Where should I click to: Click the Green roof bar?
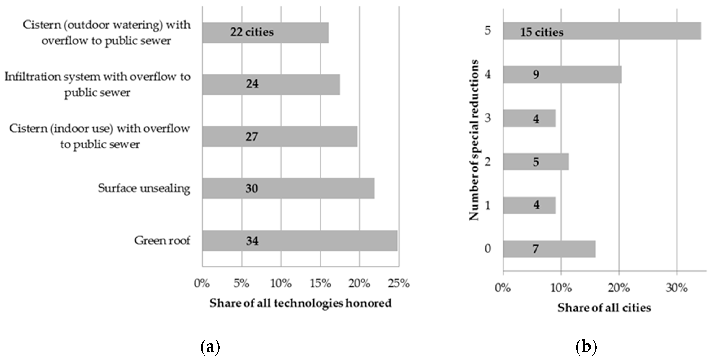point(300,240)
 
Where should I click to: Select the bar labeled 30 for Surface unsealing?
point(288,188)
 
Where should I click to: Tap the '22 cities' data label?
point(252,32)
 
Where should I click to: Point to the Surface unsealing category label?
point(144,188)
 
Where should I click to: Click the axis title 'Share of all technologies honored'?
point(300,303)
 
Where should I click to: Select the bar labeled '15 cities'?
point(602,31)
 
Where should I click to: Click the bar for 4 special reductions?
point(562,74)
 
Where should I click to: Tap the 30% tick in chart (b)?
point(676,288)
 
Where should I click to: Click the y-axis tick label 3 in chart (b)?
point(488,118)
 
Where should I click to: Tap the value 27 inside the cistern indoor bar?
point(252,136)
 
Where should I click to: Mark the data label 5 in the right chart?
point(536,162)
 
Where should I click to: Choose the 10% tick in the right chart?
point(561,288)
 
